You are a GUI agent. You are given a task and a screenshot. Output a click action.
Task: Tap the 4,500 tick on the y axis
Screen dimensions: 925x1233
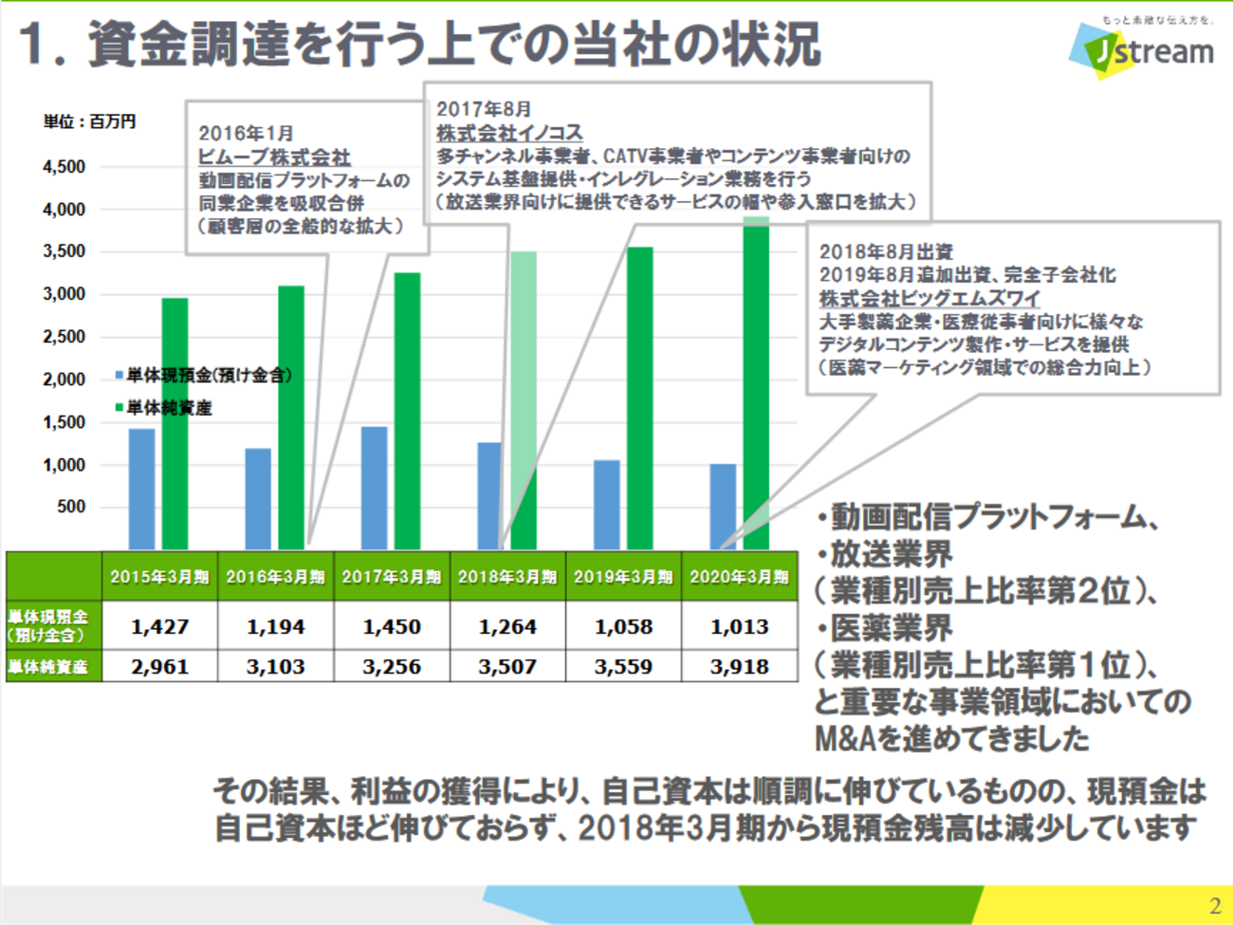64,167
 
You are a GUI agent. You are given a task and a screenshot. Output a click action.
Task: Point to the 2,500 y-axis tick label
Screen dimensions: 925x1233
64,337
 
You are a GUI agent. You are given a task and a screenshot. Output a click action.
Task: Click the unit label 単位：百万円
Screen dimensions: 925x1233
89,121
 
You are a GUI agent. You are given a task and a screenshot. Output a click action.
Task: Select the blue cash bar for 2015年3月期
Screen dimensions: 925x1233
141,489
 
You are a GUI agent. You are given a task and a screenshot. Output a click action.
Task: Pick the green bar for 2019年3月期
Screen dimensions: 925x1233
639,398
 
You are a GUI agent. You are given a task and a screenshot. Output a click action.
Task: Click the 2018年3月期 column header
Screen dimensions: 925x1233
507,577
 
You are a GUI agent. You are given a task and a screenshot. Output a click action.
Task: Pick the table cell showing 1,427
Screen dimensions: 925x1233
159,627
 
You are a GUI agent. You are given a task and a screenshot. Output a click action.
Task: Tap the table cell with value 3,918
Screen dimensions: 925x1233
739,667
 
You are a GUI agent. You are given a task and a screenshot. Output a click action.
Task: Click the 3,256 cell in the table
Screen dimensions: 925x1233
392,667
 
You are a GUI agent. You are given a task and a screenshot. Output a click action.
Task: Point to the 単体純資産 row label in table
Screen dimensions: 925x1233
49,667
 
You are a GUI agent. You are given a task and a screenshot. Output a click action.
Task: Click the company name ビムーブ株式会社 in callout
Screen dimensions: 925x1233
274,157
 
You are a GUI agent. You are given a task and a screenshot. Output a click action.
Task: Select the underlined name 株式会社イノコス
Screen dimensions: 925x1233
509,133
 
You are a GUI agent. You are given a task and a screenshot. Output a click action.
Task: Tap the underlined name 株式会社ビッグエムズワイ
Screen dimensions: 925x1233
929,298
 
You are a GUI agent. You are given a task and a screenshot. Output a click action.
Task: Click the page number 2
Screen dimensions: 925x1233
1215,906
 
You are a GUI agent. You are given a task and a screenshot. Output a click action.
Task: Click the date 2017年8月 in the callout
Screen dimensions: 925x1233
484,109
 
